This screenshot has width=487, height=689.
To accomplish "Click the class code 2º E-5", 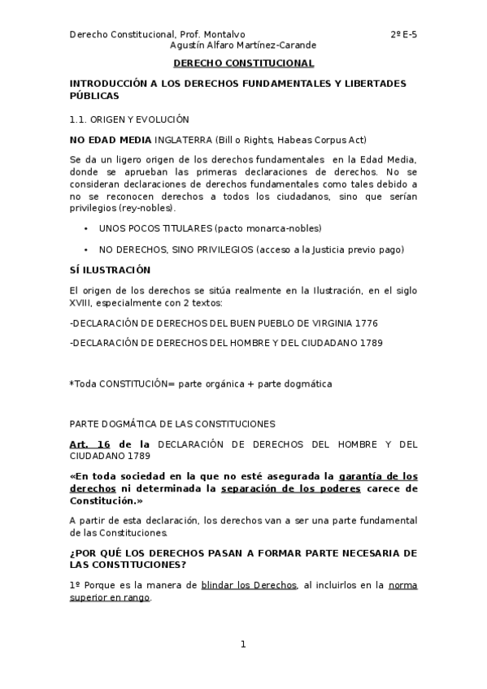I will point(403,34).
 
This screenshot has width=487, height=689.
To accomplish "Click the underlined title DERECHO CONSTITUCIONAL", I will point(243,63).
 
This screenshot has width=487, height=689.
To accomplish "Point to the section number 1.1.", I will point(78,119).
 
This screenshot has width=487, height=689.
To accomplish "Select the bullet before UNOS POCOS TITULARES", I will point(86,228).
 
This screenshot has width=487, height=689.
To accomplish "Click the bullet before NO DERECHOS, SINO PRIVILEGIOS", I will point(86,249).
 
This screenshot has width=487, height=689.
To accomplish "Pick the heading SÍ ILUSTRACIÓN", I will point(110,269).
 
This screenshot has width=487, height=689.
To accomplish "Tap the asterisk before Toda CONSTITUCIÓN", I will point(72,383).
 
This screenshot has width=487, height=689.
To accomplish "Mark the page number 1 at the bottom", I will point(243,644).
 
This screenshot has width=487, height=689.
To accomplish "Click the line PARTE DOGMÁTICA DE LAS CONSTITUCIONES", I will point(172,423).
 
